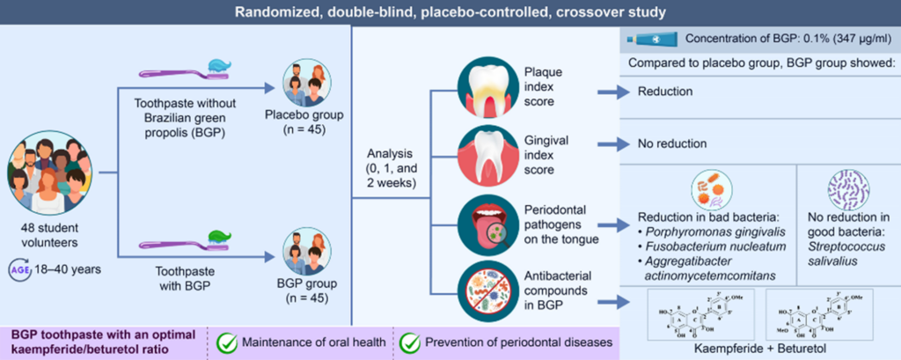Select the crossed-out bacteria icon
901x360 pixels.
[485, 288]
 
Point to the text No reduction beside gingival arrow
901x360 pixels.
[673, 143]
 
